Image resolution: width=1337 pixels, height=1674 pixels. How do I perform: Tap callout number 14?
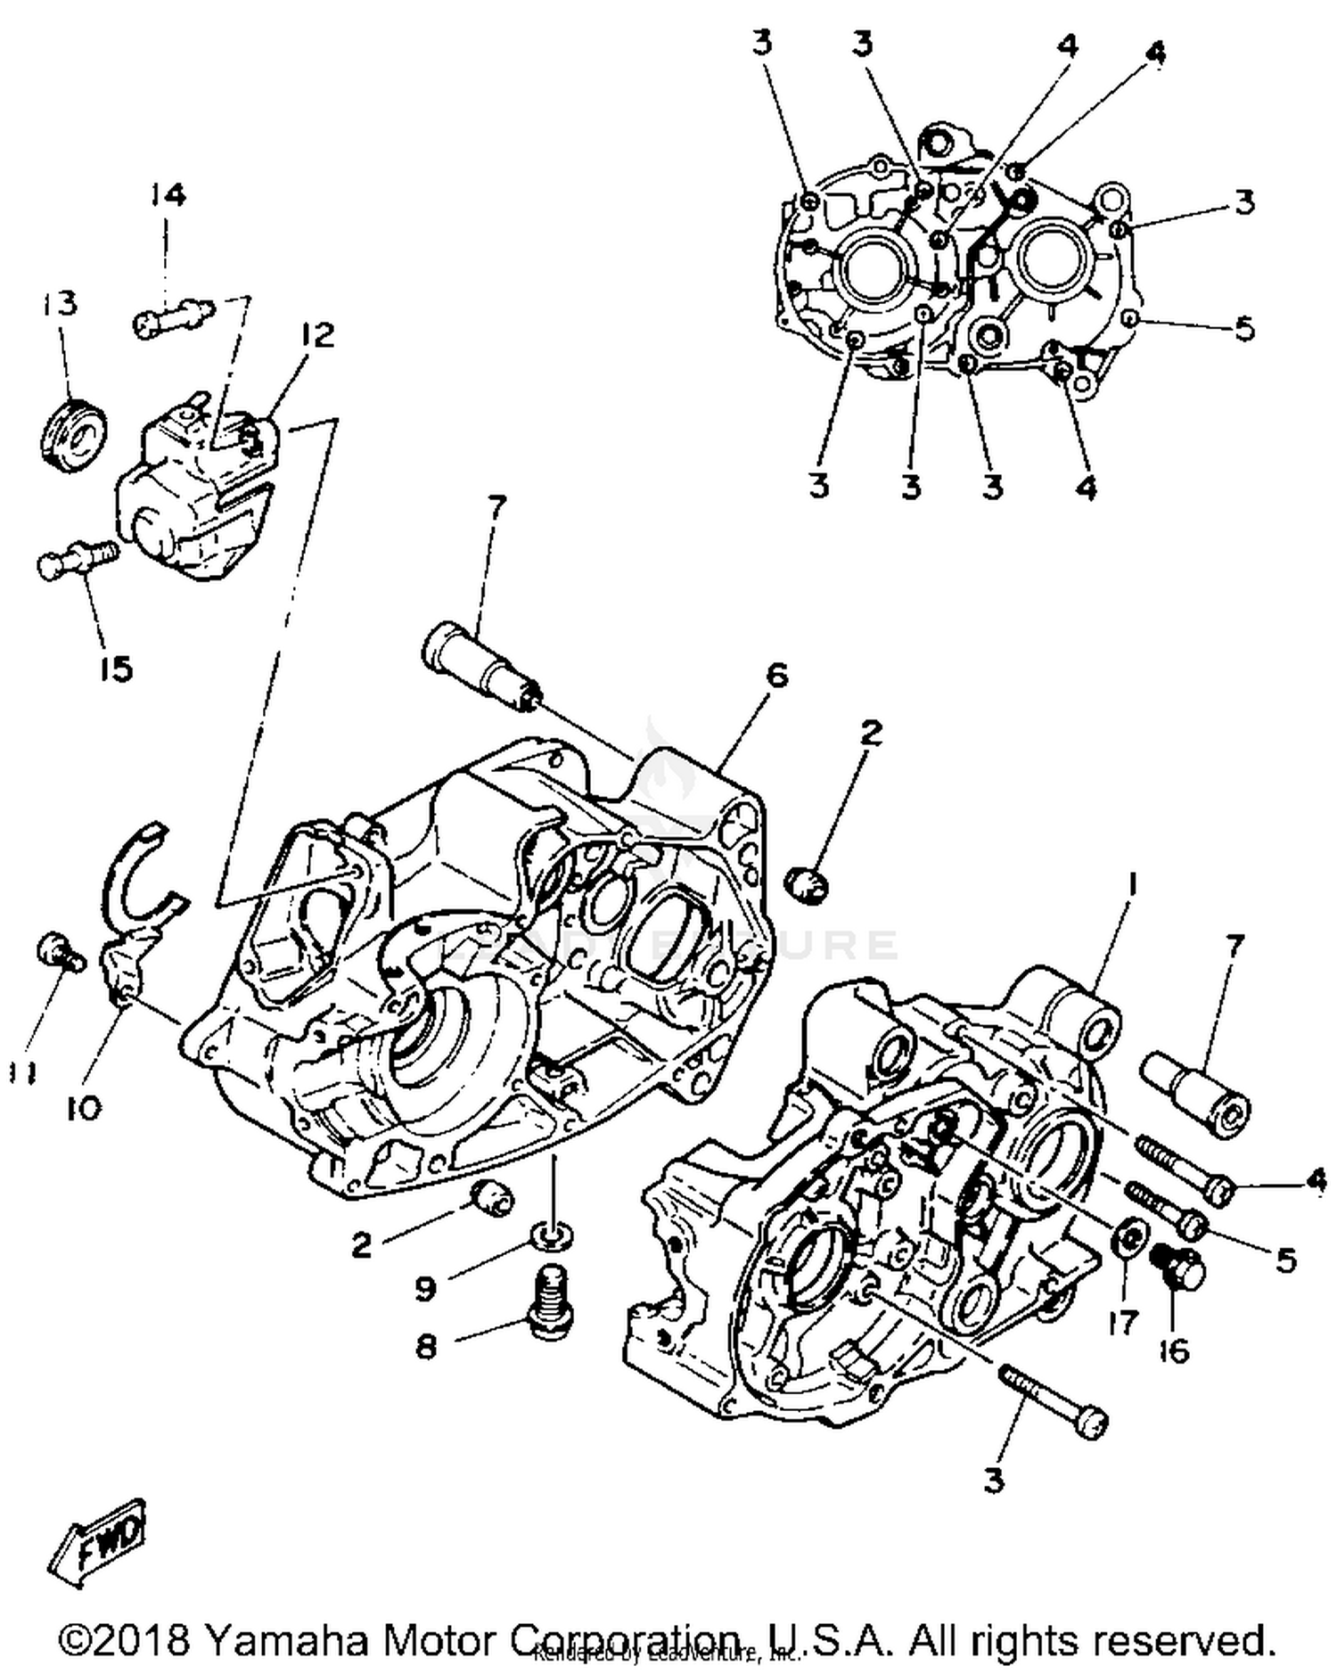[167, 194]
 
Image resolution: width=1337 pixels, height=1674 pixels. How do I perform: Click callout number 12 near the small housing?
[316, 335]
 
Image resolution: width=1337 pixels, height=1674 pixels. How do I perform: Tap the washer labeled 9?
[551, 1236]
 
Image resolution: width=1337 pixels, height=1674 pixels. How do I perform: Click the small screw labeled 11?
[59, 953]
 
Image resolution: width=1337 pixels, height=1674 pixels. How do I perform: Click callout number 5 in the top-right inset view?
[1244, 328]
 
